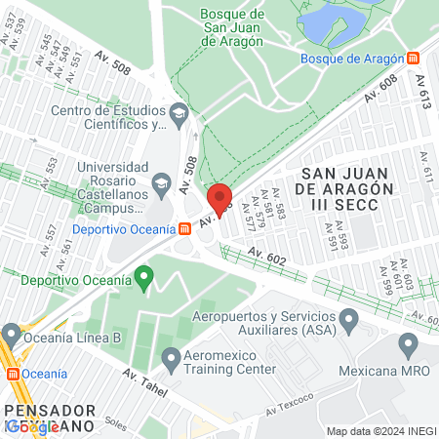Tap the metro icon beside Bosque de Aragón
415,58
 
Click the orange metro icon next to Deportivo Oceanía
183,228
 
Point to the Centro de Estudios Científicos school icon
179,115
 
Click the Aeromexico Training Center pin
171,358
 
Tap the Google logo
29,426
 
